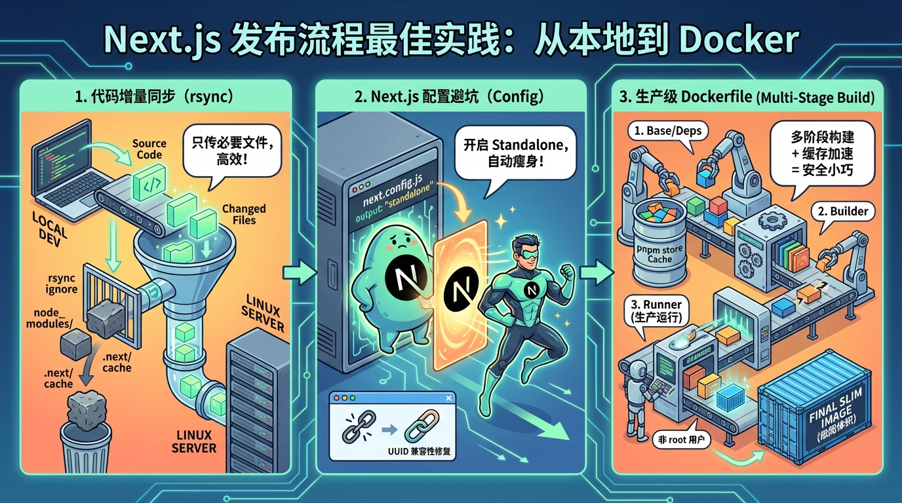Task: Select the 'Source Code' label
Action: pyautogui.click(x=149, y=149)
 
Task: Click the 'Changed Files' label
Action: pyautogui.click(x=244, y=214)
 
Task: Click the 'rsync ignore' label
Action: pyautogui.click(x=62, y=283)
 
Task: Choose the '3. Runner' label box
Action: pyautogui.click(x=656, y=311)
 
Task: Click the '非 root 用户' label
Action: pyautogui.click(x=682, y=441)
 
